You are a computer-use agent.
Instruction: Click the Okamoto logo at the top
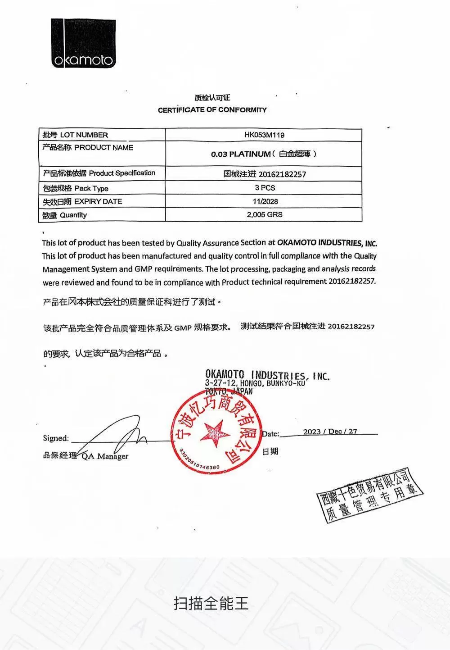[x=83, y=44]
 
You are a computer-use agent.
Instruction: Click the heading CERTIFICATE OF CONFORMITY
[x=212, y=110]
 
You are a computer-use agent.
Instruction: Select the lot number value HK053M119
[x=264, y=135]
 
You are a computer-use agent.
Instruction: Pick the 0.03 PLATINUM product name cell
[x=264, y=154]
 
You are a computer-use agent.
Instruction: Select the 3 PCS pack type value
[x=265, y=188]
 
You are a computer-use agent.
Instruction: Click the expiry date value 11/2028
[x=265, y=201]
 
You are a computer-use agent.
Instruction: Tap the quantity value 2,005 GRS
[x=265, y=214]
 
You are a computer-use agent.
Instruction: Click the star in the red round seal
[x=215, y=433]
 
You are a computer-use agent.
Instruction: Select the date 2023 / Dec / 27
[x=330, y=432]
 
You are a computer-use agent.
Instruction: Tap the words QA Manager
[x=105, y=456]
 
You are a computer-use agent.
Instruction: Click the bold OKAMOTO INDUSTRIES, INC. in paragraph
[x=327, y=243]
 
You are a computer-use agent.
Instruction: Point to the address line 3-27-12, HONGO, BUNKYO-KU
[x=255, y=383]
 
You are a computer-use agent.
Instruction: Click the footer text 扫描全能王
[x=211, y=603]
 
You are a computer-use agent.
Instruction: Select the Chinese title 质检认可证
[x=212, y=98]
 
